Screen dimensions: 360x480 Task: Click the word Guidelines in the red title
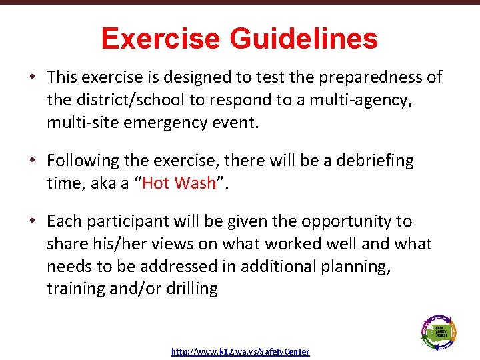click(303, 39)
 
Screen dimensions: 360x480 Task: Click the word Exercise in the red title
click(163, 39)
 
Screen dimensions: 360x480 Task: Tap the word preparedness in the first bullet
click(366, 77)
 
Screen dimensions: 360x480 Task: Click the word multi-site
click(80, 122)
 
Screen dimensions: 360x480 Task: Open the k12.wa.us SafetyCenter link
click(240, 351)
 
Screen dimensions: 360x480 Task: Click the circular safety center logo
click(438, 331)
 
